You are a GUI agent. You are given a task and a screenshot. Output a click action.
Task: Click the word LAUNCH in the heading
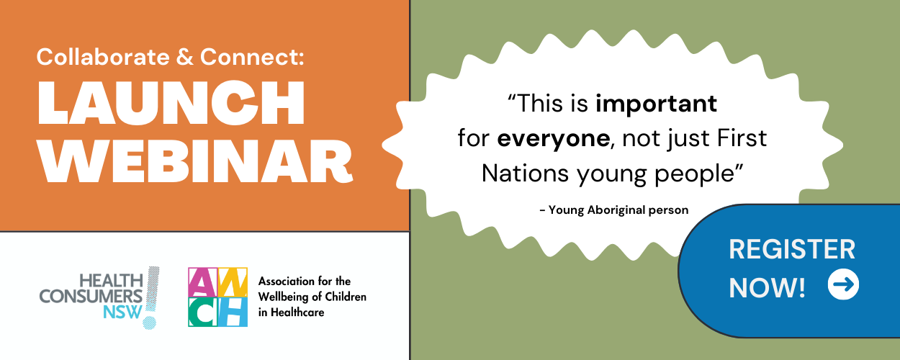(x=171, y=103)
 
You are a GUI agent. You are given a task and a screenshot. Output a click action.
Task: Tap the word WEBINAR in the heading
(x=195, y=161)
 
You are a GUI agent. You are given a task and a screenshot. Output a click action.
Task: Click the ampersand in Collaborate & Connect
(x=185, y=57)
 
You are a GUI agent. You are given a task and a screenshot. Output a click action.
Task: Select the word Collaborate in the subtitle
(x=103, y=57)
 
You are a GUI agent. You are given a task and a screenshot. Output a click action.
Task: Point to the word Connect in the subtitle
(x=252, y=57)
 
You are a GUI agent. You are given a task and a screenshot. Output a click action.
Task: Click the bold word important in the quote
(x=656, y=104)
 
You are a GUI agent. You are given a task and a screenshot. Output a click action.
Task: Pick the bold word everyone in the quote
(x=553, y=139)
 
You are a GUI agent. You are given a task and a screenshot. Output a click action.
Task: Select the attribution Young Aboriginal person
(x=618, y=210)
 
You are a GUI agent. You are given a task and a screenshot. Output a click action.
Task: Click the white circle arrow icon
(x=843, y=284)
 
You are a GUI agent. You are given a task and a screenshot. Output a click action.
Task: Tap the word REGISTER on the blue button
(x=792, y=249)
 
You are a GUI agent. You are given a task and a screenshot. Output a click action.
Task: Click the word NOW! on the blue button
(x=767, y=288)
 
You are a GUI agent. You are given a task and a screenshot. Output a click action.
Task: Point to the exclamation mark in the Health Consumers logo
(x=151, y=298)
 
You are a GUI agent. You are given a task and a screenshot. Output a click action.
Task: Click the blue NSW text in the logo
(x=123, y=312)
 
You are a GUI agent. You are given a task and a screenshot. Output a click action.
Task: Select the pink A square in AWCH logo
(x=203, y=282)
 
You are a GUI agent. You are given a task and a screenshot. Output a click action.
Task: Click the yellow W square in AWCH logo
(x=233, y=282)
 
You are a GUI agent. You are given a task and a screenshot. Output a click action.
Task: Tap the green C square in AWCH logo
(x=203, y=312)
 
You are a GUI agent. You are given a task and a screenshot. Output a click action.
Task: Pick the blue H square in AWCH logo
(x=233, y=312)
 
